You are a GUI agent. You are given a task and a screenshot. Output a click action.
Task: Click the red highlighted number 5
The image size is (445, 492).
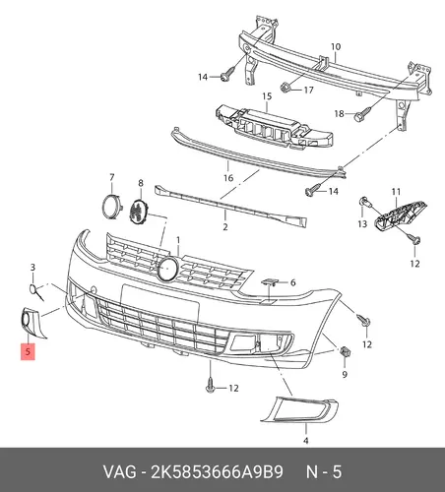coord(28,351)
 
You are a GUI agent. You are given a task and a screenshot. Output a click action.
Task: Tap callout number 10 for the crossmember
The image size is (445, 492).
coord(336,47)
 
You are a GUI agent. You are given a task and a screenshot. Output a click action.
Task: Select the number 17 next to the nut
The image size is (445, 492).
coord(308,90)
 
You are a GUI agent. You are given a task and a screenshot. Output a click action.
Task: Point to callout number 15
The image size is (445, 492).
coord(267,96)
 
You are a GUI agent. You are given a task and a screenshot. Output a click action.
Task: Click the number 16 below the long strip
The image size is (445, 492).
coord(228,178)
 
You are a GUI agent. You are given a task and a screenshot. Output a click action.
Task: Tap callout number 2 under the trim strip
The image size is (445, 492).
coord(225,226)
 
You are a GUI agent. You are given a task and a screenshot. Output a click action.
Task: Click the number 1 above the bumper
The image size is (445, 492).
coord(178,240)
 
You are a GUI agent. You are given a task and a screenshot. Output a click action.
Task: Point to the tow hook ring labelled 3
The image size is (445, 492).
coord(36,291)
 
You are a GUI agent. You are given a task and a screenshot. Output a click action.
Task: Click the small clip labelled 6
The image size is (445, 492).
coord(270,281)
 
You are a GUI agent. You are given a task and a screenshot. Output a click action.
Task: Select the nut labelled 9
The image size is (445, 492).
coord(345,352)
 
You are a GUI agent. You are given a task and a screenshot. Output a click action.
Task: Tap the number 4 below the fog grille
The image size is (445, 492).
coord(305,441)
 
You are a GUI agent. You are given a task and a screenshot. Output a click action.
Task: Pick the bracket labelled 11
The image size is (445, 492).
coord(400,215)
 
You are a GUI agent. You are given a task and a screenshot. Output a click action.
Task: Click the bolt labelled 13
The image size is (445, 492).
coord(364,202)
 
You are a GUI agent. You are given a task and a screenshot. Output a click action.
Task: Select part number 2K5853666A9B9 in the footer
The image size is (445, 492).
coord(217,472)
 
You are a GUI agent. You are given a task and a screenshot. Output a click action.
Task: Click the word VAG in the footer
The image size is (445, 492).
coord(119,472)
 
